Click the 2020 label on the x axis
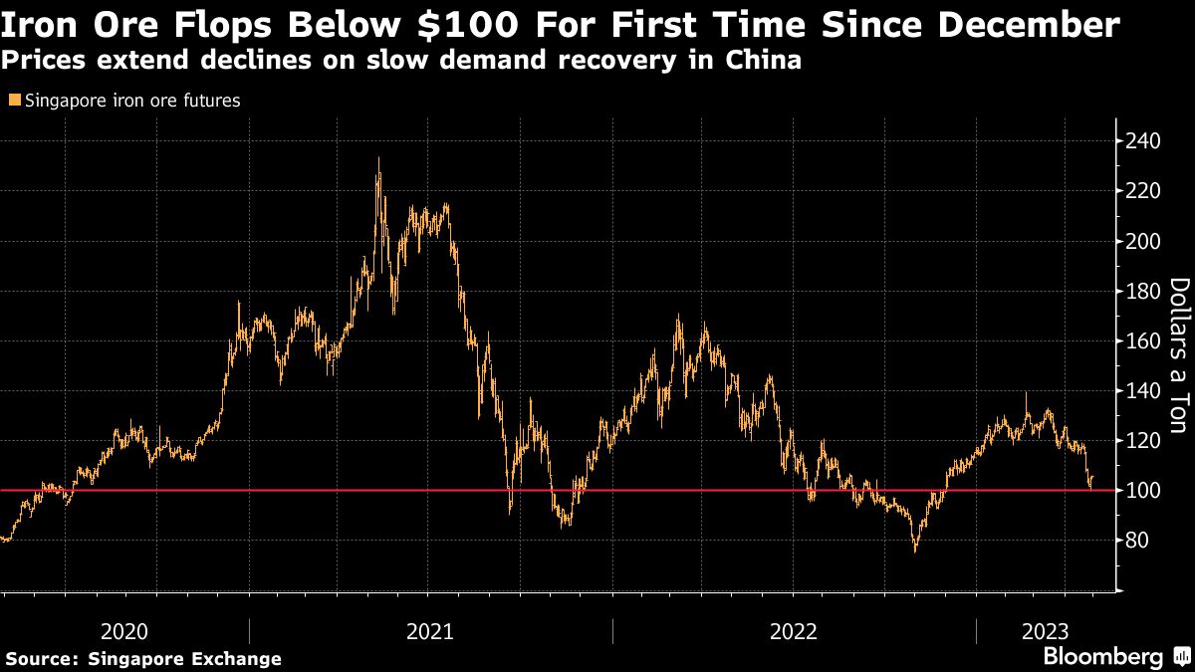124,631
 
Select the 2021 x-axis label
429,631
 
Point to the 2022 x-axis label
794,631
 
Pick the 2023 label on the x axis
1045,631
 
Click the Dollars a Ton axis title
1178,355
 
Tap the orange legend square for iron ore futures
13,101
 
